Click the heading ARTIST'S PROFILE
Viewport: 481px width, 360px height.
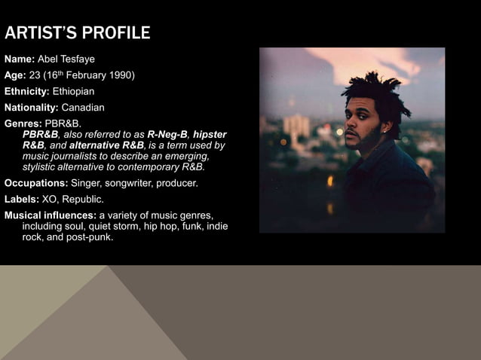click(78, 33)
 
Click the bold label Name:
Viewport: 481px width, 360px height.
click(20, 59)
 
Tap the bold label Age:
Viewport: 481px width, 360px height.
click(16, 75)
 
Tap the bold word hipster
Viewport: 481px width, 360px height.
click(210, 134)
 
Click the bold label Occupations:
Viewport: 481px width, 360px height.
click(36, 183)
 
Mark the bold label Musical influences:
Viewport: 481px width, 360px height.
click(50, 216)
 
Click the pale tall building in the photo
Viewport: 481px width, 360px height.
click(296, 128)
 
